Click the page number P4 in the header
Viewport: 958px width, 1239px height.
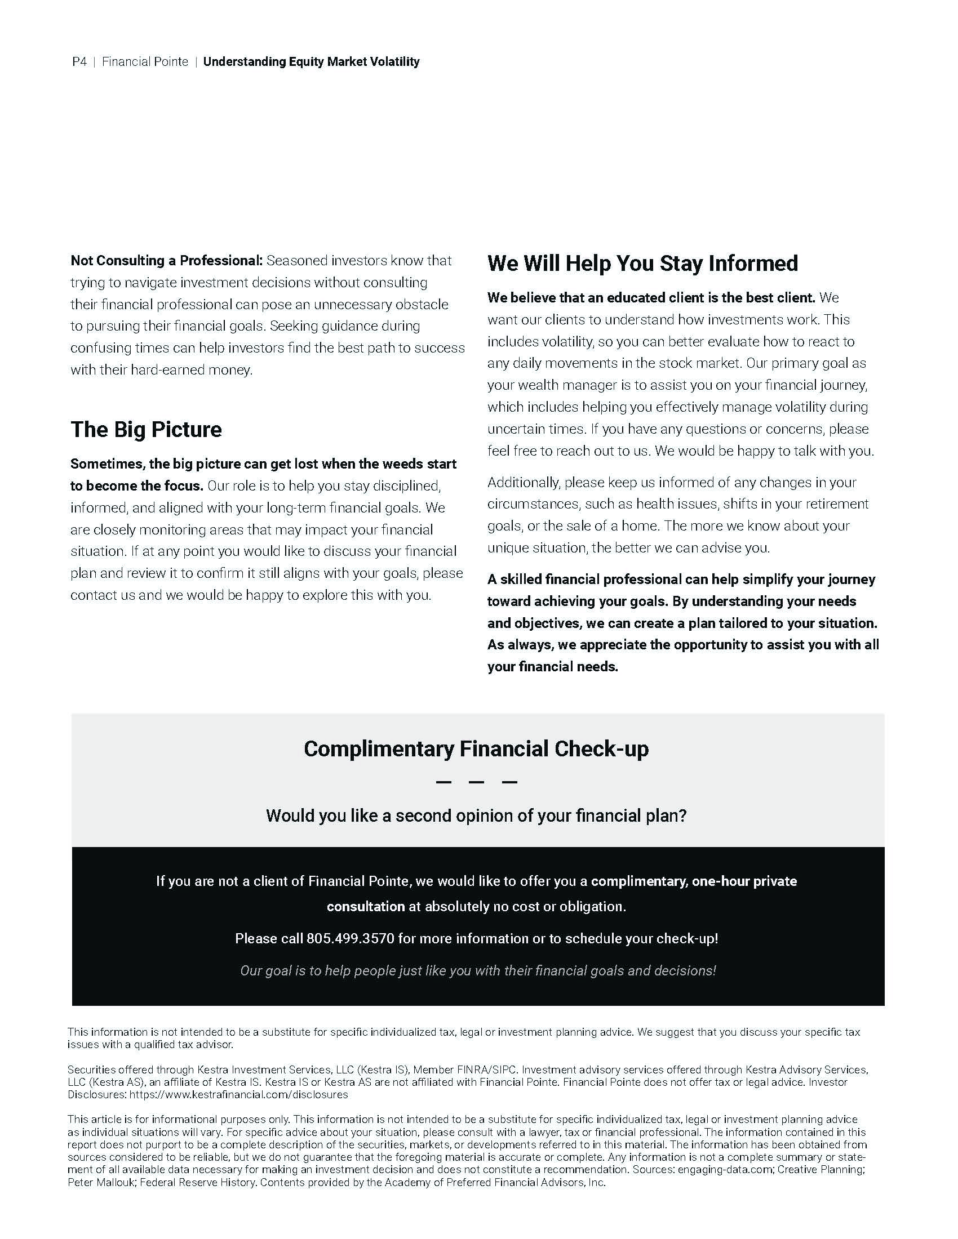coord(79,62)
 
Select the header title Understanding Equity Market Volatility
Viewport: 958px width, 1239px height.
coord(311,62)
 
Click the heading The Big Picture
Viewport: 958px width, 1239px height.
coord(146,430)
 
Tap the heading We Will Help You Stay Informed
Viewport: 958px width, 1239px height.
coord(642,263)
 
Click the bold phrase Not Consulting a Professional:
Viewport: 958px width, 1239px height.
coord(166,261)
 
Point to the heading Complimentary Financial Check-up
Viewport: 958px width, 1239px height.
coord(476,749)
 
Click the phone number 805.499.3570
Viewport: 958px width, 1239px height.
coord(350,938)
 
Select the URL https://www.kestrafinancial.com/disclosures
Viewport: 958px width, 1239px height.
coord(238,1094)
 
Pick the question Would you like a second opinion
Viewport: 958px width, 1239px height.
coord(476,816)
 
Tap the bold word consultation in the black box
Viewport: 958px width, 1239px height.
coord(366,907)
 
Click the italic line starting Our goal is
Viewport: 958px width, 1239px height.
coord(478,971)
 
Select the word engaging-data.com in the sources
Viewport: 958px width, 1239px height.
coord(724,1169)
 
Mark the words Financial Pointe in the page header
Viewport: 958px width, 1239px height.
coord(145,62)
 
